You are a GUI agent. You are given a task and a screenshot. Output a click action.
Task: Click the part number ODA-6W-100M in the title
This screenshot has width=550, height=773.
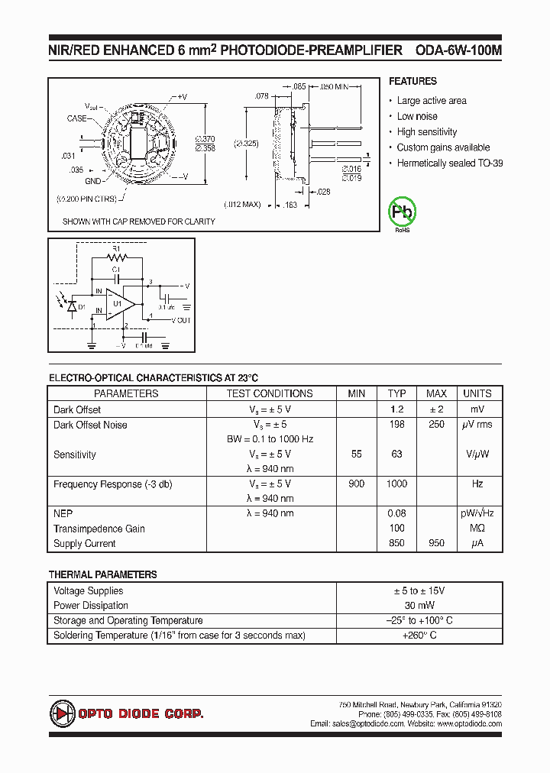(x=458, y=50)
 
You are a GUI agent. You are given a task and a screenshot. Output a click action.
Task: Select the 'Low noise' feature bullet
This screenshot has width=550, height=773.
(x=417, y=116)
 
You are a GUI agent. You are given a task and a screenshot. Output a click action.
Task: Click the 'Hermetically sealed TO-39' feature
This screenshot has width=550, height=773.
(x=450, y=163)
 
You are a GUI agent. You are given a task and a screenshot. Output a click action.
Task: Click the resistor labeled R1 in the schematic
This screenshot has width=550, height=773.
(x=117, y=257)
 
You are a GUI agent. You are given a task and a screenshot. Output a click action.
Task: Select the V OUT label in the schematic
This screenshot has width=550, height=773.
(x=180, y=320)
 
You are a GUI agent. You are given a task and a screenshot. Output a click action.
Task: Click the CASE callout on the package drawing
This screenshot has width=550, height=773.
(x=77, y=118)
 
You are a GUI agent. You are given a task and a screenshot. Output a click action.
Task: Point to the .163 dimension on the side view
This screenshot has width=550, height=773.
(x=290, y=205)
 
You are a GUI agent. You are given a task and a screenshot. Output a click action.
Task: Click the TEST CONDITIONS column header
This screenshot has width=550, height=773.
(x=270, y=393)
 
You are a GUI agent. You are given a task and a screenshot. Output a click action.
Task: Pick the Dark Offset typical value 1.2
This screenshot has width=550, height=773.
(x=396, y=409)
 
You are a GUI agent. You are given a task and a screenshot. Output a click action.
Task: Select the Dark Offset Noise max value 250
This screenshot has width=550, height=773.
(x=436, y=425)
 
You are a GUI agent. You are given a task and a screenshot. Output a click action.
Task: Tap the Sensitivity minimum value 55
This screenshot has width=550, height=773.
(x=356, y=454)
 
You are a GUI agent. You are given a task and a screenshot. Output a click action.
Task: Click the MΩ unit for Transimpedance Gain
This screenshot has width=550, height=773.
(x=477, y=529)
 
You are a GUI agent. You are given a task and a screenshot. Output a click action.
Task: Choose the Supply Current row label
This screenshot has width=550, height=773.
(x=85, y=544)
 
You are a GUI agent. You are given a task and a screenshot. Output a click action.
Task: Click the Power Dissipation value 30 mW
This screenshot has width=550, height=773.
(x=419, y=606)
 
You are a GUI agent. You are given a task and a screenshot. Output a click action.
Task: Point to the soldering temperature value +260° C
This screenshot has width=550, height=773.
(x=419, y=636)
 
